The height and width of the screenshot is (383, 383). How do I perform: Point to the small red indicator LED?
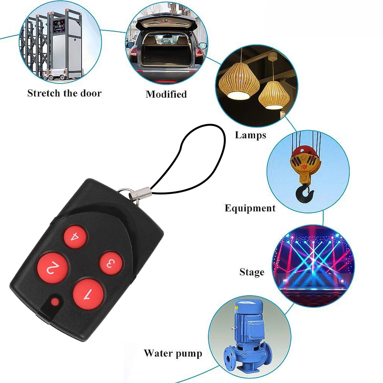click(56, 302)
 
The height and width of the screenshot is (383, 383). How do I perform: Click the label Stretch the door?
click(64, 93)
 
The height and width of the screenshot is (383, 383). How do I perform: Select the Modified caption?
click(166, 94)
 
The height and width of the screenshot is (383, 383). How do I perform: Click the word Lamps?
click(250, 135)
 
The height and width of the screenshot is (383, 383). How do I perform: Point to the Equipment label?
click(250, 208)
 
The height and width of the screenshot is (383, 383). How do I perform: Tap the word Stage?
click(252, 272)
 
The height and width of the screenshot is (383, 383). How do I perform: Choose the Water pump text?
click(173, 353)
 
